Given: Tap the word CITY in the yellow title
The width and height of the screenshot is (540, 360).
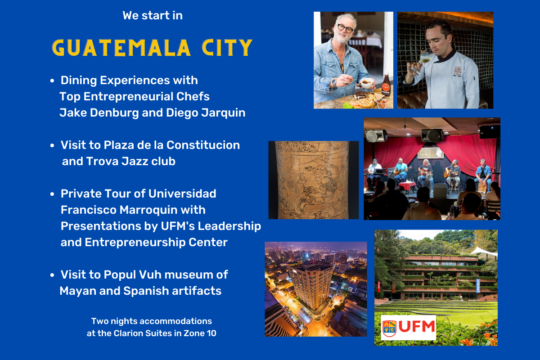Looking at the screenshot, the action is point(227,48).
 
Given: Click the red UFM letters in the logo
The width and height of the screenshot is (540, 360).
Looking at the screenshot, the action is point(417,327).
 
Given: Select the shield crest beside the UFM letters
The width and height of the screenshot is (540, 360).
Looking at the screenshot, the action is point(389,328).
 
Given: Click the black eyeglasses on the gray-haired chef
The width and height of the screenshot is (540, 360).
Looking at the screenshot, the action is point(345,28).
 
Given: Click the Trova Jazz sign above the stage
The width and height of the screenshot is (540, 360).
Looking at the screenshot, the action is point(430,153).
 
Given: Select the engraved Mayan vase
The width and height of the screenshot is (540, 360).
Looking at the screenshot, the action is point(313,180).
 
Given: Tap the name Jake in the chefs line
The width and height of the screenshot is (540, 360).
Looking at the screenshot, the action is point(73,112).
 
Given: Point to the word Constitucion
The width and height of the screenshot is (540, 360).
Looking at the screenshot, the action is point(203,145).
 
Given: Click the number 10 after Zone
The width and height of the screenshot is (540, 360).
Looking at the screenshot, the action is point(211,333).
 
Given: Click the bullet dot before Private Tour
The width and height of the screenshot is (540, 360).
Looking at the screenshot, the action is point(52,194).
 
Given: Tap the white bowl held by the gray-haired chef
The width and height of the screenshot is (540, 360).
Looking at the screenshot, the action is point(367,83).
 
